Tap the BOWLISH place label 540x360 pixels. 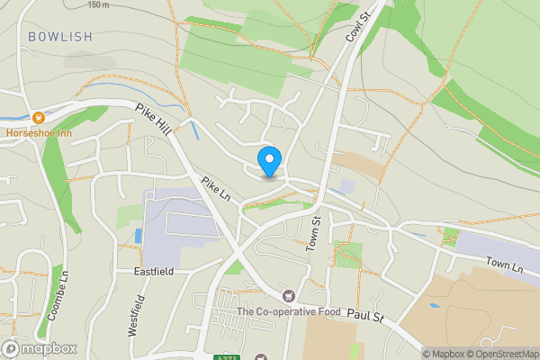tap(59, 37)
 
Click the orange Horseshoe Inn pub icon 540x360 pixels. tap(38, 117)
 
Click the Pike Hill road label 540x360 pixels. tap(153, 120)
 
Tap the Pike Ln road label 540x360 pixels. tap(217, 189)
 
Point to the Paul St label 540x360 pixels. tap(365, 317)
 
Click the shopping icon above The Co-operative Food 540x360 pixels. tap(288, 296)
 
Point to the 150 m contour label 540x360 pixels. tap(99, 4)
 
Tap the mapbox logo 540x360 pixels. tap(40, 348)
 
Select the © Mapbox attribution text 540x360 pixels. tap(446, 354)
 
